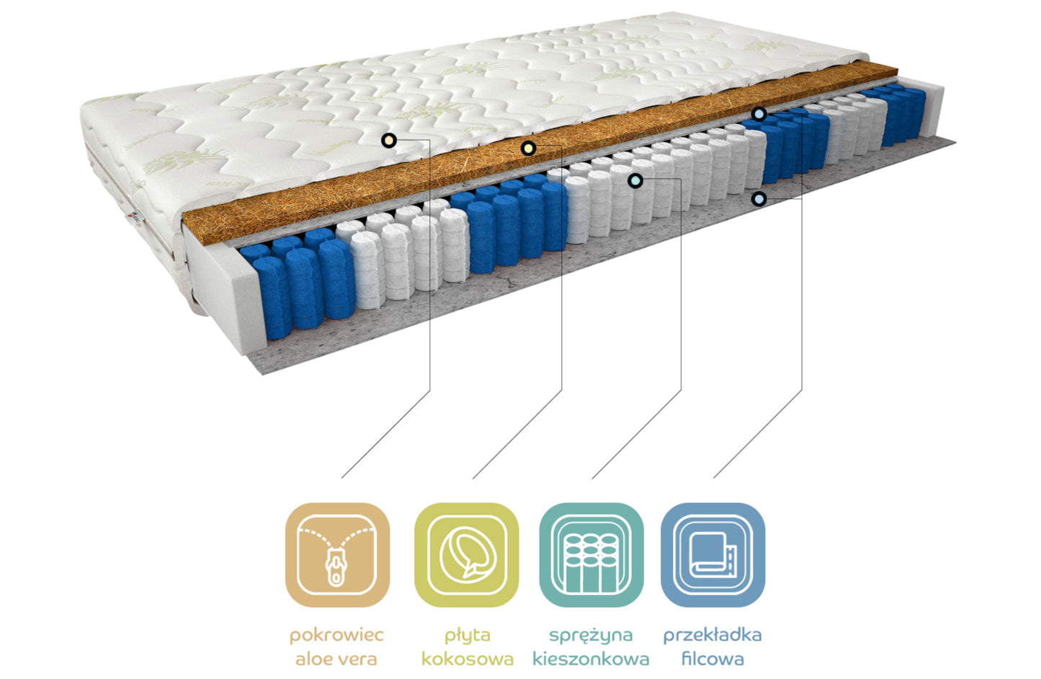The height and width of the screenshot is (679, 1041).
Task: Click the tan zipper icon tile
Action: point(337,554)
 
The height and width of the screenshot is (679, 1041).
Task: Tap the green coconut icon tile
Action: point(467,554)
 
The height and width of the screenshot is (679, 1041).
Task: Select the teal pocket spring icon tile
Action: point(591,554)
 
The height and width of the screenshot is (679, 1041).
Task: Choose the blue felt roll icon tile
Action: point(713,554)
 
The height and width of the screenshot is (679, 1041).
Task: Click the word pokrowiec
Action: point(336,636)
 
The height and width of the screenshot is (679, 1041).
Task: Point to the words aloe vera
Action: point(336,659)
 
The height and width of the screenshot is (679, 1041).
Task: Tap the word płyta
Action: point(467,636)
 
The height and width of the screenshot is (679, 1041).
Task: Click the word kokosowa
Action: point(467,659)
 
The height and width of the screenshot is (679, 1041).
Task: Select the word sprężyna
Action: point(591,636)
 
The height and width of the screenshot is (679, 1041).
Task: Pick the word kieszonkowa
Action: point(591,659)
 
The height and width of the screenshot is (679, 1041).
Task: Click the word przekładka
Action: point(712,635)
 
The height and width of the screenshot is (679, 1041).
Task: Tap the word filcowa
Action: point(712,659)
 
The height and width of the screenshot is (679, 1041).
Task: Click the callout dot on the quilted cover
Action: point(389,140)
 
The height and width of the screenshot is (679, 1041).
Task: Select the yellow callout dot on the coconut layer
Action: point(528,148)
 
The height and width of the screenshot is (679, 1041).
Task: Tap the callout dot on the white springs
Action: point(635,180)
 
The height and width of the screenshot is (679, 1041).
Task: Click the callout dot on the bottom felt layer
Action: point(759,199)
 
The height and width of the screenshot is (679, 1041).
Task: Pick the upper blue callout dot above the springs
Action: point(759,113)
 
